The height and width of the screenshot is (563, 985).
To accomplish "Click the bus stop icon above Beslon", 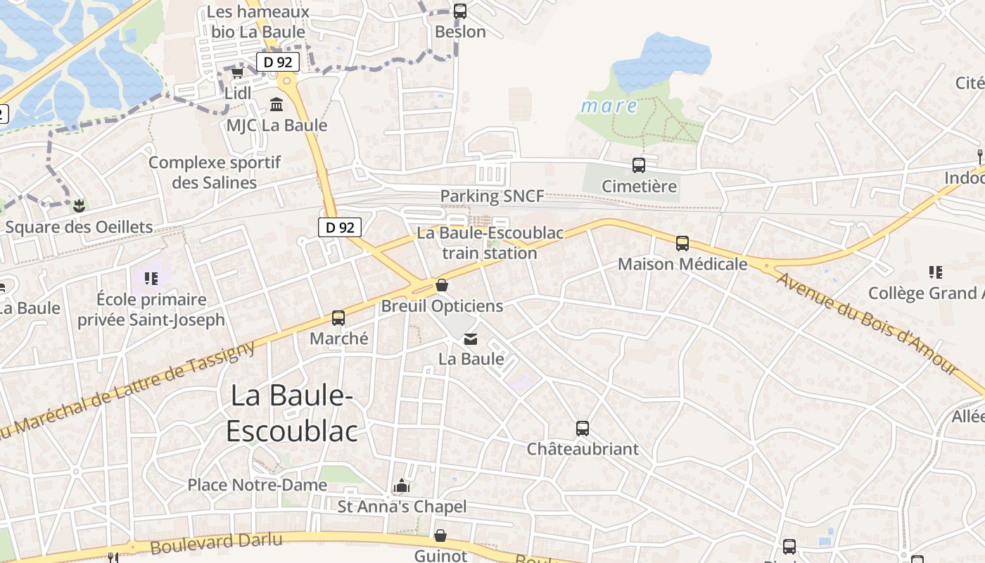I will [459, 11].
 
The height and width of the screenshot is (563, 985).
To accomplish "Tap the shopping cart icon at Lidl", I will [237, 72].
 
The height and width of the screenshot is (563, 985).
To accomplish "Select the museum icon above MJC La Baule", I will [277, 105].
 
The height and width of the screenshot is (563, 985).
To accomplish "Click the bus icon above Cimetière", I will [639, 165].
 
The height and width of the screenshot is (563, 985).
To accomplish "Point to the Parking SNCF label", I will [492, 196].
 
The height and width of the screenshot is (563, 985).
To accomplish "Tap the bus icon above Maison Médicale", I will [682, 243].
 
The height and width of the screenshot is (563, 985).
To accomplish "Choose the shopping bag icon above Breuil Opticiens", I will [442, 285].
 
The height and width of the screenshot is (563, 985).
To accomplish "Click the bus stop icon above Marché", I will [338, 317].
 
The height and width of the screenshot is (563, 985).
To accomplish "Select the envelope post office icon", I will [471, 339].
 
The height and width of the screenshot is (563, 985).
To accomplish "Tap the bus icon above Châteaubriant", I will [583, 428].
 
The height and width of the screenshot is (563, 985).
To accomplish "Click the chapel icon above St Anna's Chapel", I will [402, 486].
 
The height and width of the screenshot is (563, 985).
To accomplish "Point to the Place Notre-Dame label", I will [257, 485].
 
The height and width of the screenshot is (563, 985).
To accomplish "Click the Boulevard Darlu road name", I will [216, 543].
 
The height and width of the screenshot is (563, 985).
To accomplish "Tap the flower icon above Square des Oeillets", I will [78, 206].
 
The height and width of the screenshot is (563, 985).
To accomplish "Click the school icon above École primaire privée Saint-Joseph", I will [151, 279].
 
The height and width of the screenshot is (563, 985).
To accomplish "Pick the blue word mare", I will [609, 107].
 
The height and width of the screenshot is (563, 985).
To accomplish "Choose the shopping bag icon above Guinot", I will [440, 536].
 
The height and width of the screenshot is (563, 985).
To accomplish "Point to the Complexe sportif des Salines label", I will [215, 172].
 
